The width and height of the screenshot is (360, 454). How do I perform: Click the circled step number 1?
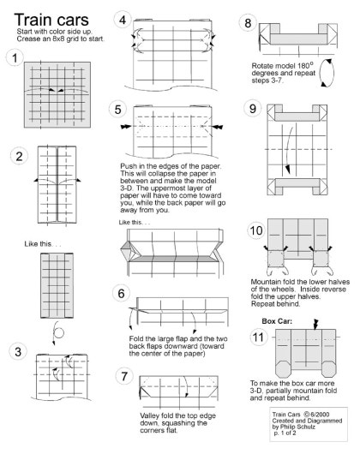point(15,58)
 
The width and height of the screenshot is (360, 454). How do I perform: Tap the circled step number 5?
point(117,110)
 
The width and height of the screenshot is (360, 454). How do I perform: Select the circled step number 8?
point(248,23)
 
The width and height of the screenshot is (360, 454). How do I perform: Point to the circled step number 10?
point(256,230)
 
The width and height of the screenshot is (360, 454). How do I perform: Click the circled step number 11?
point(258,337)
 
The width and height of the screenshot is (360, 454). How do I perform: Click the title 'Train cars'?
point(51,20)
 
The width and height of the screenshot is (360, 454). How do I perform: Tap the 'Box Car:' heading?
point(277,321)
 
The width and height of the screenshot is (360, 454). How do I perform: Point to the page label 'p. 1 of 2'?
point(285,433)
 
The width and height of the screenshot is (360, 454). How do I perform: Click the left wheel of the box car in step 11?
point(283,369)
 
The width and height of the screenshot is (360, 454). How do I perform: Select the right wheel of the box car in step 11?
point(329,369)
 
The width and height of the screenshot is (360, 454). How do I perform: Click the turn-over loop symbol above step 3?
point(57,333)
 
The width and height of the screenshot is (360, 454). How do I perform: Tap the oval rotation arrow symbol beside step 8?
point(327,73)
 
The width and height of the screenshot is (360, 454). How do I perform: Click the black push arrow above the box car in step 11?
point(315,325)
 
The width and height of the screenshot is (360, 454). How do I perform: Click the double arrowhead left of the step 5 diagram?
point(126,127)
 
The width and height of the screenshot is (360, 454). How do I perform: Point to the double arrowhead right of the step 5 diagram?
point(218,127)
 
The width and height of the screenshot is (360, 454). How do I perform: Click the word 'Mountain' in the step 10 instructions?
point(266,282)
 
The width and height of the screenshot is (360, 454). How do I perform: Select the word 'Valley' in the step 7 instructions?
point(150,416)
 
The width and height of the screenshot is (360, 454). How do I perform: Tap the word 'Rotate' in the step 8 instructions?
point(261,66)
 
